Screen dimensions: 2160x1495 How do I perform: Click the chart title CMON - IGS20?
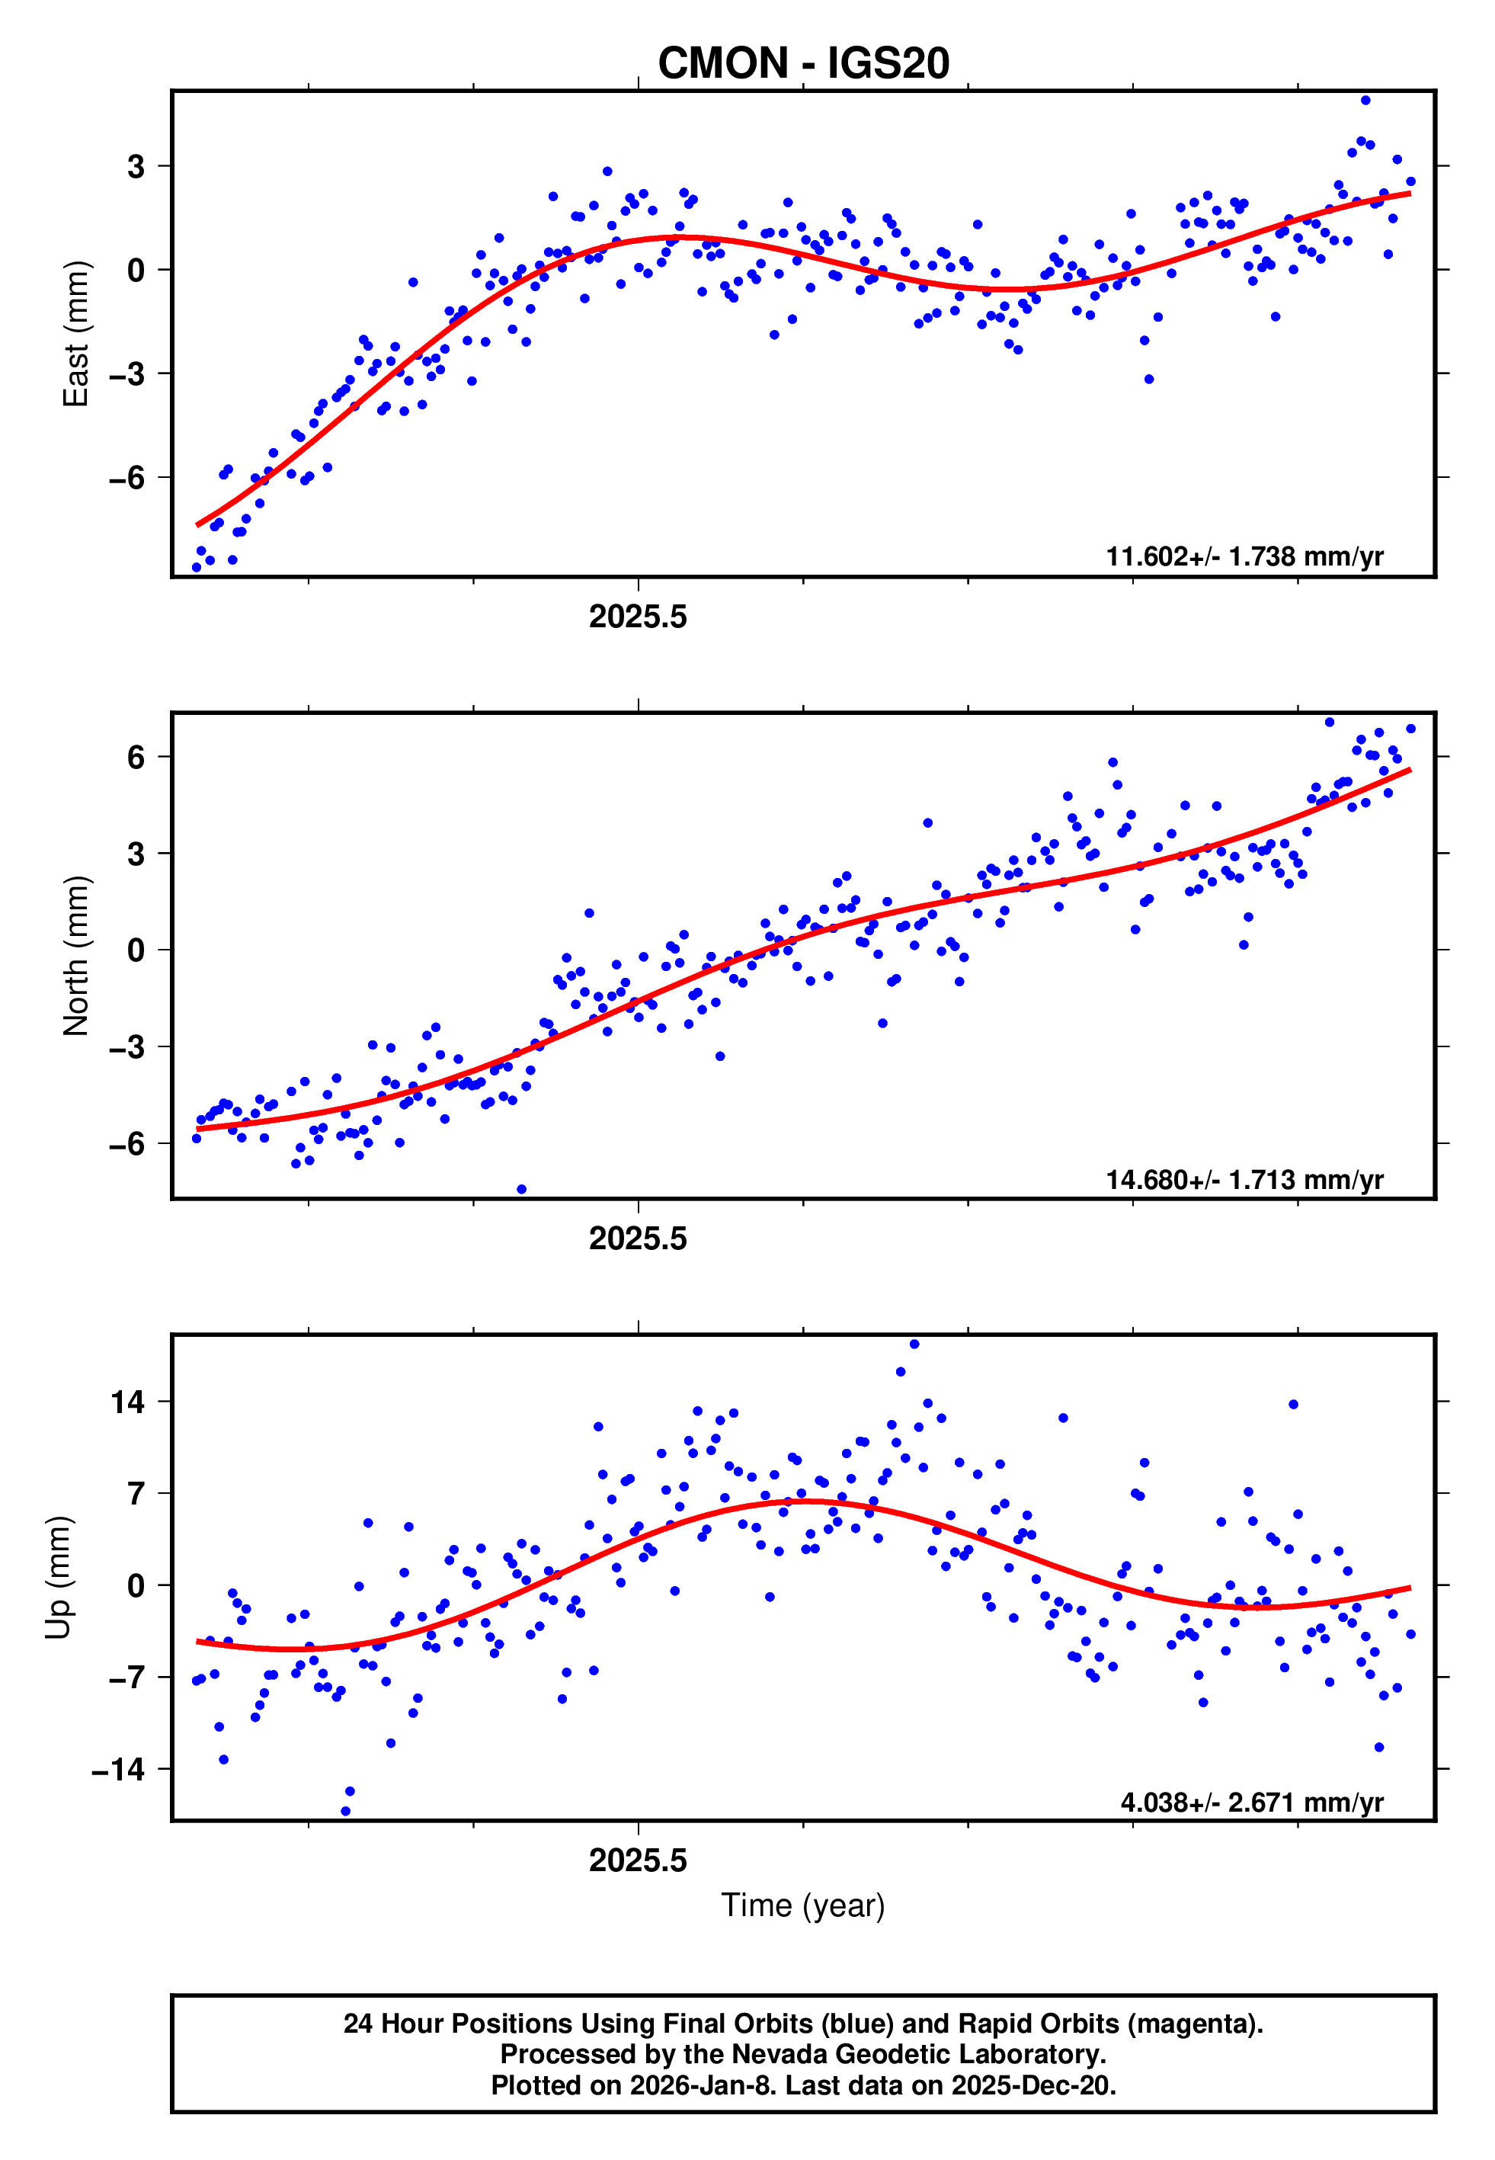click(803, 64)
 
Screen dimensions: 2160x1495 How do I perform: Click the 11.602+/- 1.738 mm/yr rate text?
click(1244, 556)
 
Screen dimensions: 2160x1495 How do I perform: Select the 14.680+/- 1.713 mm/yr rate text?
click(1244, 1179)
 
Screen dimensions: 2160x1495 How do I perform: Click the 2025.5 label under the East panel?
click(638, 617)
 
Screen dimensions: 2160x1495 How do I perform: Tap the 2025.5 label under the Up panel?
click(638, 1860)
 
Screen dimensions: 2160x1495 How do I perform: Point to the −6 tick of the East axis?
click(126, 478)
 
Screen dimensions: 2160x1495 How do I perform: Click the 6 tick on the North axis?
click(136, 757)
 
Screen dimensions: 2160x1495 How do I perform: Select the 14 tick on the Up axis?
click(127, 1402)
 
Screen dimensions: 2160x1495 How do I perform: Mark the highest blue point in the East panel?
click(1365, 100)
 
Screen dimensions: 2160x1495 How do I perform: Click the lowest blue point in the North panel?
click(522, 1190)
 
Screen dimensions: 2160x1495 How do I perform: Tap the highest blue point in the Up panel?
click(914, 1344)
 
